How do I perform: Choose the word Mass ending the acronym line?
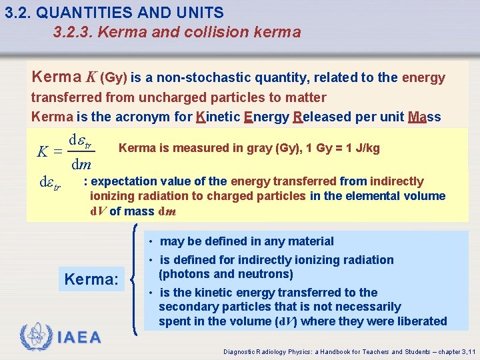[425, 117]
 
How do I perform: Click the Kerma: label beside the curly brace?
[91, 279]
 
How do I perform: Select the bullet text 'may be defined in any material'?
[247, 241]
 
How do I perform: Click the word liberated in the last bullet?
[421, 321]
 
